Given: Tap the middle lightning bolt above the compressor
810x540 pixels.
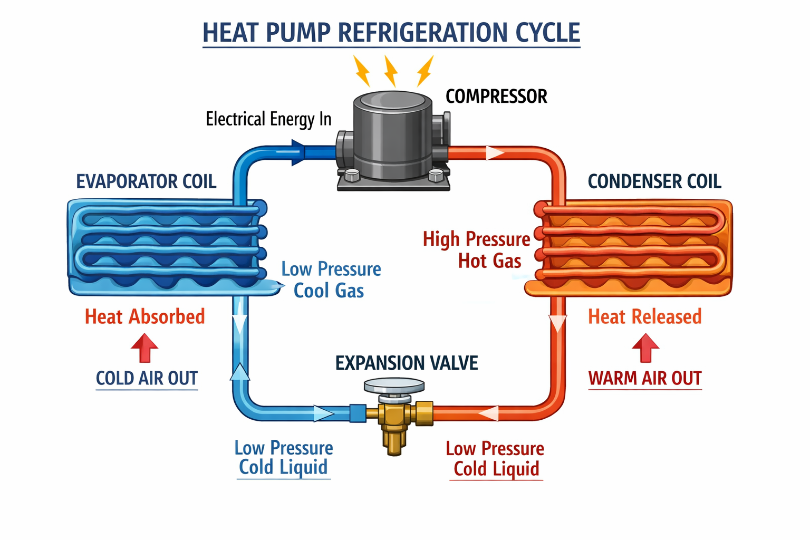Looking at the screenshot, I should (391, 71).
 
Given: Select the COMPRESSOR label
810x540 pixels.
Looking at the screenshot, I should (496, 97).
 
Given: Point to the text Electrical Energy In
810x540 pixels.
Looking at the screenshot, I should (268, 119).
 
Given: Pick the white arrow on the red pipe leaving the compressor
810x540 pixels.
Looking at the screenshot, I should (495, 153).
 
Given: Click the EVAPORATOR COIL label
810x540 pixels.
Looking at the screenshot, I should (146, 181).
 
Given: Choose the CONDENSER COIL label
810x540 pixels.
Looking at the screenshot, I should (654, 181).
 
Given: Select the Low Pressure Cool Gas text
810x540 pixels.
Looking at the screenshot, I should (331, 279).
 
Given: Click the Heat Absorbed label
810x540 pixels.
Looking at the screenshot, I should (144, 316).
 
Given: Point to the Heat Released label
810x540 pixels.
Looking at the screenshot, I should (644, 316).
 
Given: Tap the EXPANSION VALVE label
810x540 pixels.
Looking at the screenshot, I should (407, 363).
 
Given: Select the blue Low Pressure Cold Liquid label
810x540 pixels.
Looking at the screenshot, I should (284, 457).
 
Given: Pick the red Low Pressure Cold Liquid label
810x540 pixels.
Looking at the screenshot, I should (495, 458).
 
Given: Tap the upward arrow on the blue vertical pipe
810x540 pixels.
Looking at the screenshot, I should (240, 372).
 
